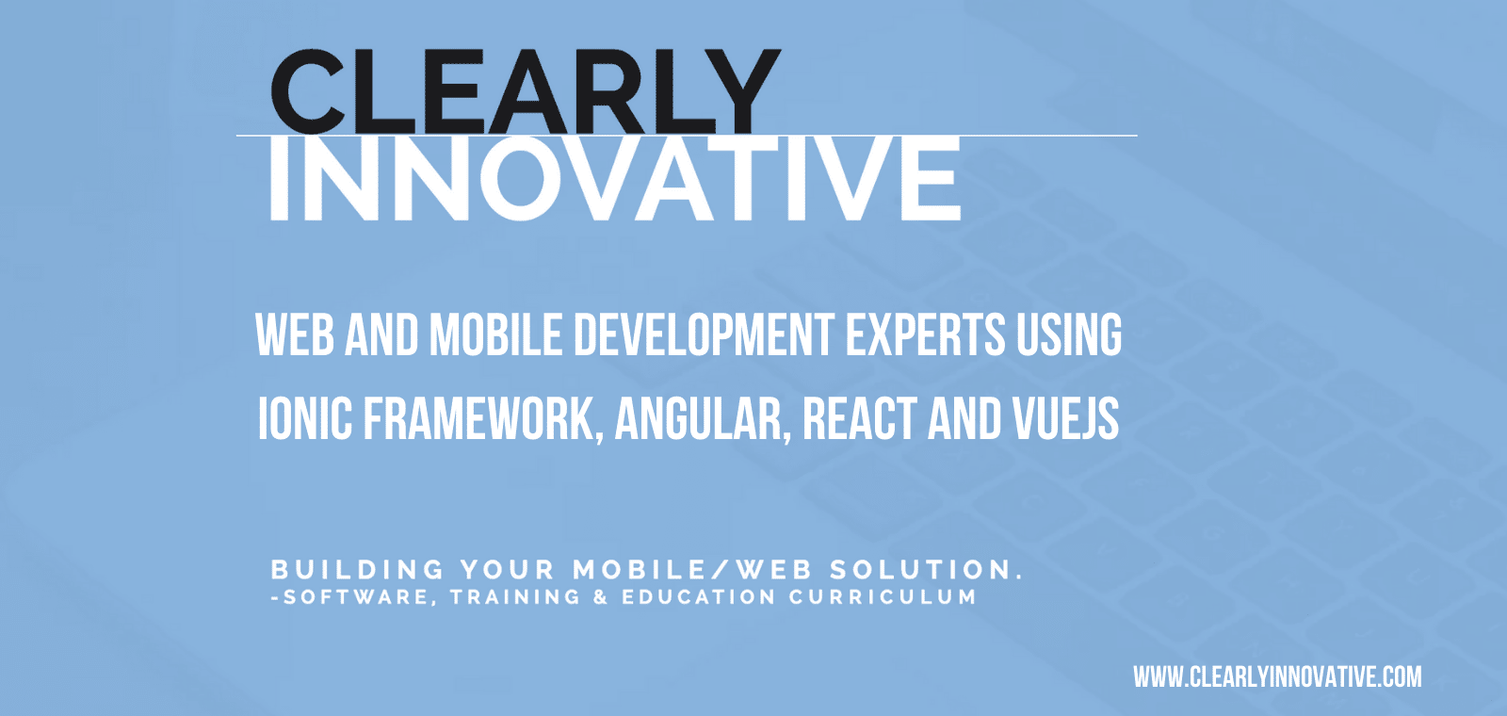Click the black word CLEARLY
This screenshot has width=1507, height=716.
click(x=526, y=91)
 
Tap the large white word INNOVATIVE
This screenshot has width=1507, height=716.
click(x=614, y=178)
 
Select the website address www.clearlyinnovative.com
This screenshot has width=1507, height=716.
click(x=1277, y=677)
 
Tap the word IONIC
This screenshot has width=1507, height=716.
click(x=305, y=418)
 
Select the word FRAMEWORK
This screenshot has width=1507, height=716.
click(x=483, y=419)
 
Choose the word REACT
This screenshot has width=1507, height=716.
click(x=860, y=418)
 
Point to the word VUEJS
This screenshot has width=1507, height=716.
click(x=1065, y=418)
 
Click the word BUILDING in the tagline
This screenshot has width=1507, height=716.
click(x=357, y=570)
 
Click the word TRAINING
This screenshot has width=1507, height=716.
click(x=514, y=597)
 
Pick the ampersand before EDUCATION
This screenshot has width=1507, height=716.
click(x=600, y=597)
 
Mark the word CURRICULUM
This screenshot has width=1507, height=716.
click(x=883, y=597)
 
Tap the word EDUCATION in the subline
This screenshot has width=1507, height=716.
click(x=698, y=597)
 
